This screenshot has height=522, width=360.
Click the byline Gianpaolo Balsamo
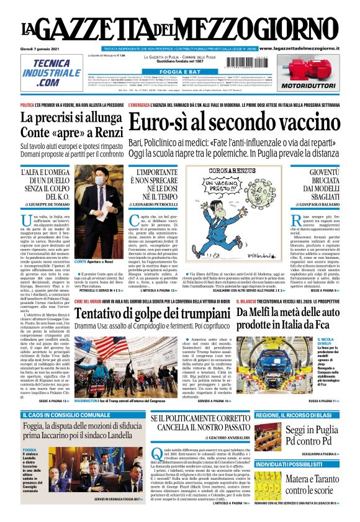pyautogui.click(x=320, y=204)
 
